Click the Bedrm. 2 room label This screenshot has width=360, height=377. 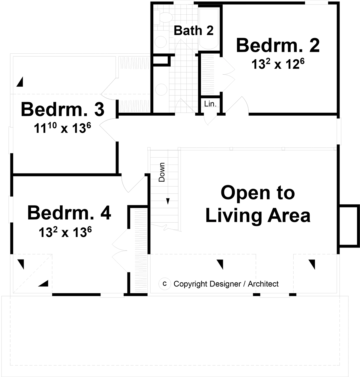[x=278, y=46]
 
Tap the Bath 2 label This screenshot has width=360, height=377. [x=193, y=30]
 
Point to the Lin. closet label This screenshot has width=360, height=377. [x=210, y=104]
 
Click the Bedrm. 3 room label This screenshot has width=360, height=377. [x=62, y=109]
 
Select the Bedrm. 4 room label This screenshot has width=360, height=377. [x=69, y=213]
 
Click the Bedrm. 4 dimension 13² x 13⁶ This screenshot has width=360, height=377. [x=65, y=232]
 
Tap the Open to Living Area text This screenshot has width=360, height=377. [x=258, y=204]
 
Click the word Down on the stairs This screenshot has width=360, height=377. [x=162, y=172]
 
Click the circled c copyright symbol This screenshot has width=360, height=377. [x=164, y=283]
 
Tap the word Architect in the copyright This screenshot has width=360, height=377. [x=263, y=283]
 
